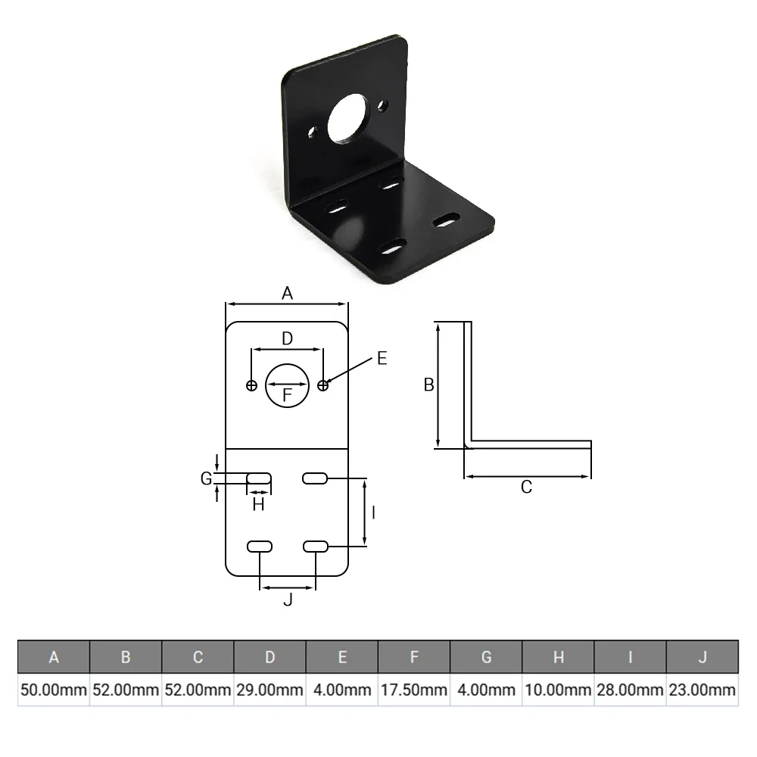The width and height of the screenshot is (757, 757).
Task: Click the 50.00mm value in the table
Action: tap(54, 690)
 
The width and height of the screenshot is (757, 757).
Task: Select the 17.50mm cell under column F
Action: tap(413, 690)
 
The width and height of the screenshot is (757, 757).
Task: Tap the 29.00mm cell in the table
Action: tap(270, 690)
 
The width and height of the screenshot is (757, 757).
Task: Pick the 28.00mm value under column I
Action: tap(630, 690)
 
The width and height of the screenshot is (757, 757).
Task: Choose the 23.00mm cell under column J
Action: tap(702, 690)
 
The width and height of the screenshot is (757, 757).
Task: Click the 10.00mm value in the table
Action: tap(558, 690)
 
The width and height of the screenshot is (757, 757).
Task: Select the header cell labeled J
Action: tap(702, 657)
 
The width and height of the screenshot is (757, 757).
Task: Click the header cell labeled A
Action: tap(54, 657)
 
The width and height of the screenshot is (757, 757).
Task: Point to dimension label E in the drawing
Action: tap(382, 359)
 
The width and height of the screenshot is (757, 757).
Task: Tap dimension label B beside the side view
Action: tap(428, 385)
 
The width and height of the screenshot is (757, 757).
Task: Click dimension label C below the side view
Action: tap(527, 488)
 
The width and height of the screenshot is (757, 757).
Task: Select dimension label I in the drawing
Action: tap(374, 512)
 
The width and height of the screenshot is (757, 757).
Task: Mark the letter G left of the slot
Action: tap(205, 478)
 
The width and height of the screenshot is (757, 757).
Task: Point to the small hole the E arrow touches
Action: tap(323, 385)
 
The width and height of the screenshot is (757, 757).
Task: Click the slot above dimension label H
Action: tap(259, 478)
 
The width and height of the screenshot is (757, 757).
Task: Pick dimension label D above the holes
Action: tap(287, 339)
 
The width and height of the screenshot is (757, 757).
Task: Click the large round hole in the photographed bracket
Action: tap(348, 117)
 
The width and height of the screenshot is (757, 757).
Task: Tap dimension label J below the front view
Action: tap(287, 600)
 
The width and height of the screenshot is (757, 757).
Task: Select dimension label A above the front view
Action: tap(287, 294)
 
